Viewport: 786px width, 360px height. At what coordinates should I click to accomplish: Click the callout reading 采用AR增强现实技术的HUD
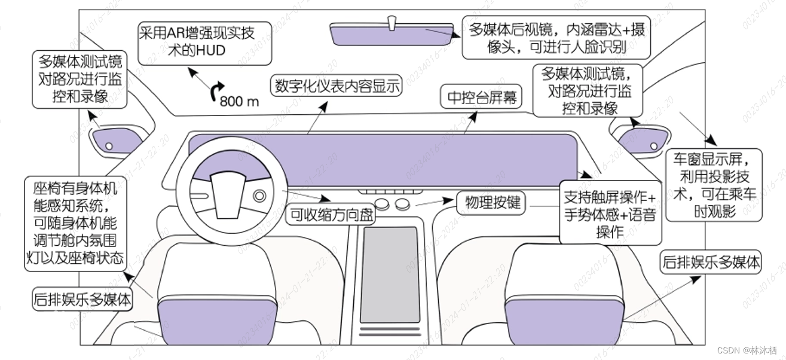tap(204, 41)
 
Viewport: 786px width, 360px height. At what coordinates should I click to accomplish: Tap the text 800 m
tap(239, 101)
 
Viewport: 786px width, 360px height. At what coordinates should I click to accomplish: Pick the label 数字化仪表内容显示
tap(337, 86)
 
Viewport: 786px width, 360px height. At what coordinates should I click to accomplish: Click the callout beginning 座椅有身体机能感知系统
tap(75, 224)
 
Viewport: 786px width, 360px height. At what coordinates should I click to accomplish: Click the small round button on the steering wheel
tap(259, 196)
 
